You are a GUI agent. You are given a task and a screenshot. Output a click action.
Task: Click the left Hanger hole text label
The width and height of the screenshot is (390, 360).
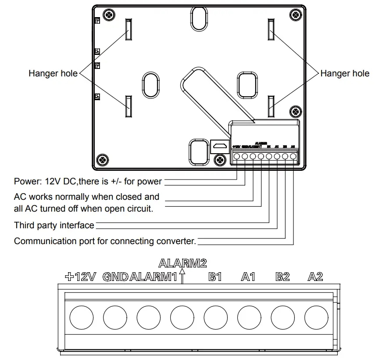coord(53,73)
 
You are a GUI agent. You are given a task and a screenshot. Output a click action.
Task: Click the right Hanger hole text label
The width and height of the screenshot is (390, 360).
coord(345,73)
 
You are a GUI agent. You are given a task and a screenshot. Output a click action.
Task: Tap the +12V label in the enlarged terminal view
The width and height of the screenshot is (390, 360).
coord(80,277)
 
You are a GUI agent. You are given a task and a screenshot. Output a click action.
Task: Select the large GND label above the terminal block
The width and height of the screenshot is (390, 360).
coord(116,277)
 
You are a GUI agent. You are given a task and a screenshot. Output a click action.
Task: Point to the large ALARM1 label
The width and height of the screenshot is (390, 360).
coord(154,277)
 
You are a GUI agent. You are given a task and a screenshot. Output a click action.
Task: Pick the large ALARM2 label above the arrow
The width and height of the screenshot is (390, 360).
coord(182,263)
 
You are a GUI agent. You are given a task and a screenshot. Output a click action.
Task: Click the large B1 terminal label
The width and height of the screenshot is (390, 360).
coord(215,277)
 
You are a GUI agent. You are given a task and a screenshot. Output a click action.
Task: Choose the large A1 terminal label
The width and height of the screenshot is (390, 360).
coord(248,277)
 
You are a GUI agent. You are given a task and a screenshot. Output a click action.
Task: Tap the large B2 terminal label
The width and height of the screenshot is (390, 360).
coord(283,277)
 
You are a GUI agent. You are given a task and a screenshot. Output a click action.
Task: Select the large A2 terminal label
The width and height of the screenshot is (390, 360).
coord(315,277)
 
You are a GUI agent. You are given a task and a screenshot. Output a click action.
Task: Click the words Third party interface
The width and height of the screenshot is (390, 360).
coord(54,225)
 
